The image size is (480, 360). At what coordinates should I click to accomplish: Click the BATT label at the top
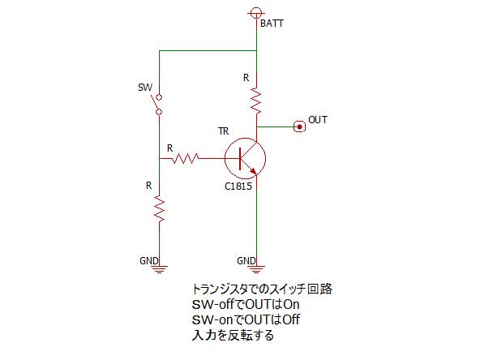click(x=272, y=24)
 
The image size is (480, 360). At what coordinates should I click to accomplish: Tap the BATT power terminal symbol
click(x=256, y=13)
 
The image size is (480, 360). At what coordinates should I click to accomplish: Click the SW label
click(x=145, y=88)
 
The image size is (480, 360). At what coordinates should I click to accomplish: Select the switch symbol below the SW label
click(x=156, y=105)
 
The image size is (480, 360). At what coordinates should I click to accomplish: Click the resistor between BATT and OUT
click(x=256, y=101)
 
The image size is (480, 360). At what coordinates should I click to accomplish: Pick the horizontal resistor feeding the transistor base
click(x=186, y=158)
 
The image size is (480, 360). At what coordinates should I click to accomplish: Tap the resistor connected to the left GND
click(x=159, y=208)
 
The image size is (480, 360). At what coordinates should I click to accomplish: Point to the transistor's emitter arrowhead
click(x=254, y=171)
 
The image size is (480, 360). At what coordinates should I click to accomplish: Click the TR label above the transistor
click(x=224, y=131)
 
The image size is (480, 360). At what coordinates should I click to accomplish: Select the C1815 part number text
click(x=238, y=186)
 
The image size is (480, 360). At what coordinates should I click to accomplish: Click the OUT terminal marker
click(x=299, y=126)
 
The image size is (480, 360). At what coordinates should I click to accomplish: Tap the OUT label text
click(x=318, y=120)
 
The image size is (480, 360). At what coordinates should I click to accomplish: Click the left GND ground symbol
click(x=159, y=269)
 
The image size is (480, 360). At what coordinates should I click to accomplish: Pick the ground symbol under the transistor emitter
click(x=256, y=269)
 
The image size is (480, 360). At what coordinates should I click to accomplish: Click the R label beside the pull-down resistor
click(x=148, y=186)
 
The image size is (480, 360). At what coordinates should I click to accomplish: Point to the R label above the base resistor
click(x=170, y=148)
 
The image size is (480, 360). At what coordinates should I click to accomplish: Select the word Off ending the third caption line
click(x=291, y=320)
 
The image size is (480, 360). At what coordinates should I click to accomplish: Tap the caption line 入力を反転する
click(x=233, y=335)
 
